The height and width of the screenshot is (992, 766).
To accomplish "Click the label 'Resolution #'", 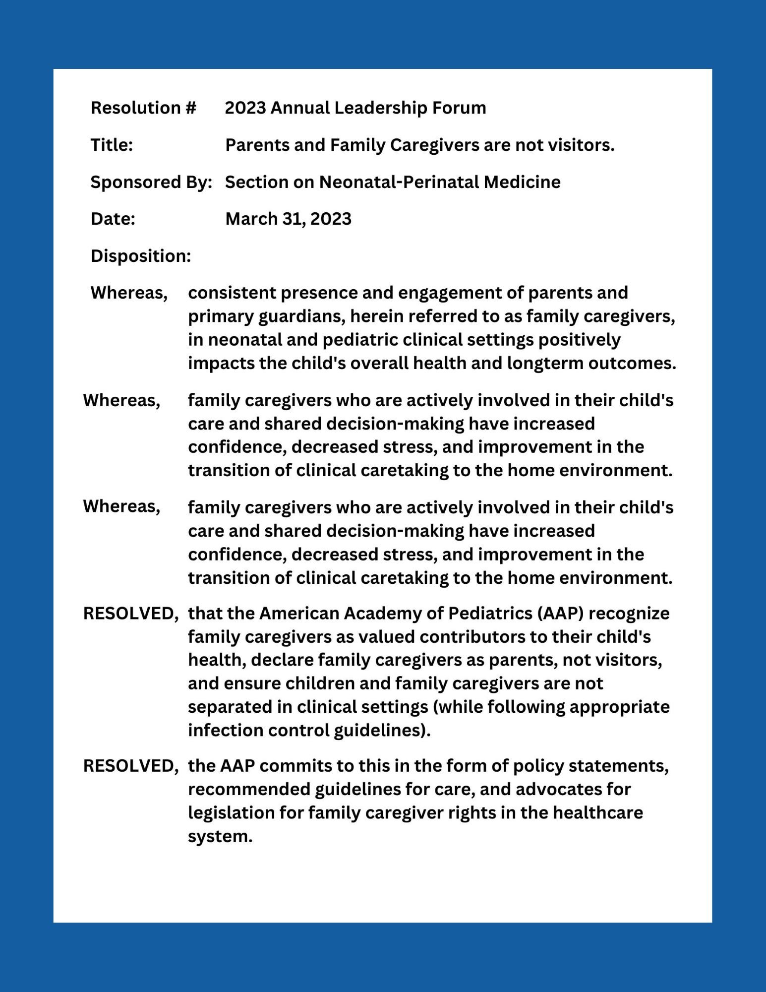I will click(x=143, y=108).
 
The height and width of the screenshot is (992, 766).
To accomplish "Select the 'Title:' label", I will click(x=112, y=145).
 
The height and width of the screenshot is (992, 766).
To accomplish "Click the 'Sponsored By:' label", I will click(x=151, y=182).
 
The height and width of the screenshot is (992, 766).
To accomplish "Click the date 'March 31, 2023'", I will click(x=288, y=219).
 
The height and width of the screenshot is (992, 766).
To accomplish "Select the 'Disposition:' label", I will click(x=141, y=256).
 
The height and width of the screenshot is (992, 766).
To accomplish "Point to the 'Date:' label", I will click(x=113, y=219).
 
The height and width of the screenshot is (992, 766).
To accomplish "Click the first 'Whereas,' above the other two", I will click(x=129, y=293).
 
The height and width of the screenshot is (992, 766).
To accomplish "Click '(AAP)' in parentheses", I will click(x=560, y=614).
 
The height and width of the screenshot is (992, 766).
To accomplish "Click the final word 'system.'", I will click(x=220, y=836).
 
